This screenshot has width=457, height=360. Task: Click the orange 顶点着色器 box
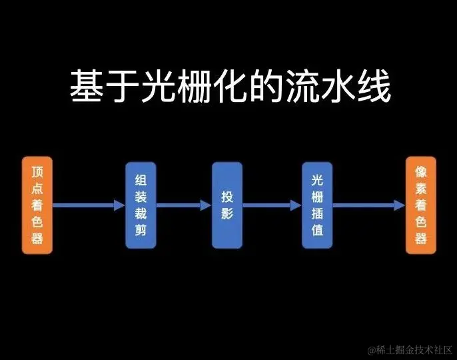click(x=37, y=205)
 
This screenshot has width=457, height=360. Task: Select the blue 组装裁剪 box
click(x=141, y=205)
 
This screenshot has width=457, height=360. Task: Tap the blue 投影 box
click(x=227, y=205)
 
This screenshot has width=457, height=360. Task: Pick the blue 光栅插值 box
click(x=316, y=205)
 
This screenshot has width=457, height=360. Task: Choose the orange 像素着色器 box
click(x=420, y=205)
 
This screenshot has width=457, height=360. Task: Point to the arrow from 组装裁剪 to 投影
click(x=183, y=205)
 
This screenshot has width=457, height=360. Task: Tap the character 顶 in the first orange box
click(x=37, y=171)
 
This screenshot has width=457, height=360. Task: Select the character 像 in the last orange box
click(x=420, y=171)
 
